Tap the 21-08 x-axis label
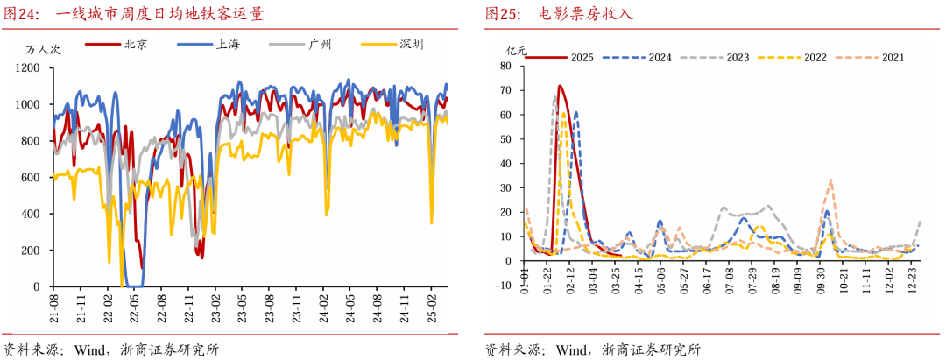[54, 305]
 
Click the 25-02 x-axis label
[432, 305]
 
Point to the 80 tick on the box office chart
[505, 66]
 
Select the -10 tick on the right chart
[503, 285]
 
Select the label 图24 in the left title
[21, 14]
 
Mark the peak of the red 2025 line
[559, 85]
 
